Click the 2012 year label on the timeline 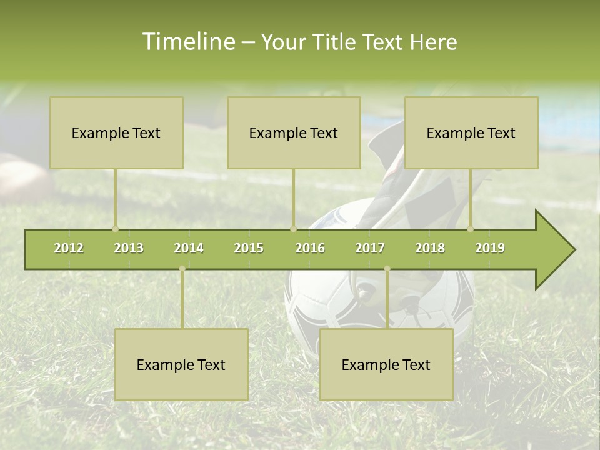69,248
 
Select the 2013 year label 129,248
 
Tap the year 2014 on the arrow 189,248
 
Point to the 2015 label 249,248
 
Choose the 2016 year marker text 310,248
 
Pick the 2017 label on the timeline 370,248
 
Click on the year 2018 430,248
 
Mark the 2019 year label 490,248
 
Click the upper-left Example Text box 116,132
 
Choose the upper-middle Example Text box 294,132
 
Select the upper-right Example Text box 471,132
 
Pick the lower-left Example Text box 181,364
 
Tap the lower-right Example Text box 386,364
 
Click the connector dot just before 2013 115,229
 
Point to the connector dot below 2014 182,269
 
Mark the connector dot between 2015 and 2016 293,229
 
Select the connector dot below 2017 387,269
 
